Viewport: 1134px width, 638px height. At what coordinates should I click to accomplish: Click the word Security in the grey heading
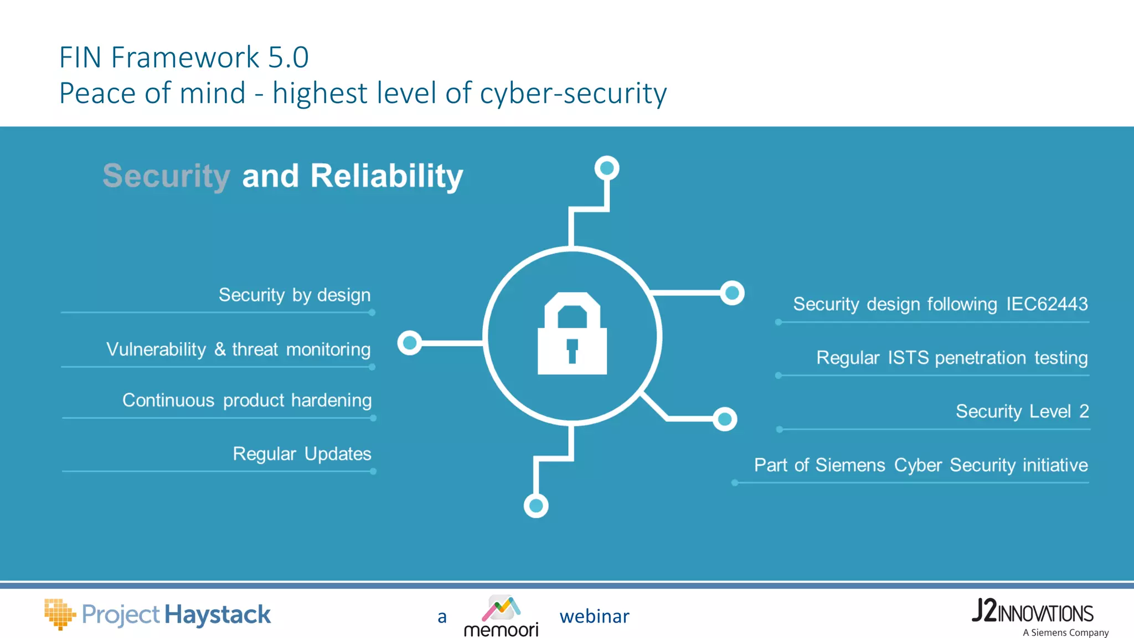point(166,176)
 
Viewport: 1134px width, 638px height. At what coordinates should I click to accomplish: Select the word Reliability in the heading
point(386,176)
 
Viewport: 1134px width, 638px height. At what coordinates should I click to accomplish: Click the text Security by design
point(294,295)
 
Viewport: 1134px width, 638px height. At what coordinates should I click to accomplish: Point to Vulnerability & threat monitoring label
point(238,349)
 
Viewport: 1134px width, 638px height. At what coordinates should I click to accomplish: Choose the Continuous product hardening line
point(246,400)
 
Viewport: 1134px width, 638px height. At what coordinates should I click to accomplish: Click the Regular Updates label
point(302,454)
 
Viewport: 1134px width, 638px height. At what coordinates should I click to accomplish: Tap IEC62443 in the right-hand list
point(1047,303)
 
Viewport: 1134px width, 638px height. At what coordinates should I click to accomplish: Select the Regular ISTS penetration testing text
point(951,357)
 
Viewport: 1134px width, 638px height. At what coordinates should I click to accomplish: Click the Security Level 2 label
point(1022,411)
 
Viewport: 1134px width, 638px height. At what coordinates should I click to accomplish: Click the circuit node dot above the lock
point(607,168)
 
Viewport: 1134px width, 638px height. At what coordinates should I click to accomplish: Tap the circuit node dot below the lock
point(536,506)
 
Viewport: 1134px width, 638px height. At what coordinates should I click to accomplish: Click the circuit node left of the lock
point(410,343)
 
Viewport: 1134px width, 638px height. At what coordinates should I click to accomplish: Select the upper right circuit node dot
point(732,293)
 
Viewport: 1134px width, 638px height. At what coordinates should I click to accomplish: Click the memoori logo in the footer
point(501,616)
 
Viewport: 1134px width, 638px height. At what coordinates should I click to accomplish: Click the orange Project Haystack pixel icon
point(59,614)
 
